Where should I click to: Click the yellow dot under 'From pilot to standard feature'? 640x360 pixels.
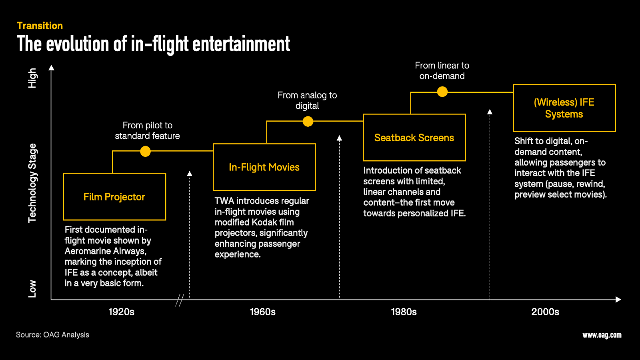pos(146,151)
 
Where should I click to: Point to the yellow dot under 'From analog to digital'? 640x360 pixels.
pos(308,122)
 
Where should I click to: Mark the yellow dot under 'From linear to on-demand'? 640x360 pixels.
pos(442,92)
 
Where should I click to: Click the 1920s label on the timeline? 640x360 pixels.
pos(122,312)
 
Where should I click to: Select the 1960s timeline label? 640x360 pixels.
pos(262,312)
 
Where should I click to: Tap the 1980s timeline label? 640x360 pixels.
pos(404,312)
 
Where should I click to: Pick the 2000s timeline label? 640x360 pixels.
pos(545,312)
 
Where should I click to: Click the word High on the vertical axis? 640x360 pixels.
pos(32,78)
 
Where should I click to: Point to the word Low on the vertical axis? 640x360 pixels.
pos(32,289)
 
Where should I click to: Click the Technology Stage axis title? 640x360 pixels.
pos(32,183)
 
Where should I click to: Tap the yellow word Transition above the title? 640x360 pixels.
pos(40,26)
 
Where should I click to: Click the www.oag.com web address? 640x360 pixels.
pos(602,335)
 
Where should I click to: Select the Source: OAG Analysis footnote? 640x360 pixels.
pos(52,334)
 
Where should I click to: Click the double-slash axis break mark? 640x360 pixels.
pos(180,300)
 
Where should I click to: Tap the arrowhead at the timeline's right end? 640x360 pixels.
pos(618,300)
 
